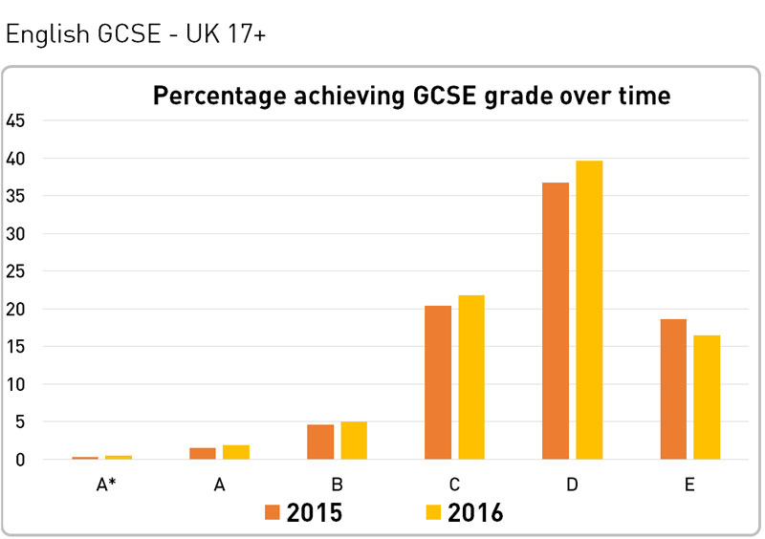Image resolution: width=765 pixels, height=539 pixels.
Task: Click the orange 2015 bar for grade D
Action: tap(556, 321)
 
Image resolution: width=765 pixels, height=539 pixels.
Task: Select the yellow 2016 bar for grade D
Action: tap(589, 311)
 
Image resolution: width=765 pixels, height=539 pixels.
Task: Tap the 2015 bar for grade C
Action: tap(438, 382)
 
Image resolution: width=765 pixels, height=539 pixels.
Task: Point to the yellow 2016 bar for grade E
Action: tap(707, 398)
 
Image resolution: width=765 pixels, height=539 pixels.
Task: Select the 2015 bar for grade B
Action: tap(320, 442)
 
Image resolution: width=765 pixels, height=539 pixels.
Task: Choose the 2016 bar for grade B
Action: tap(354, 441)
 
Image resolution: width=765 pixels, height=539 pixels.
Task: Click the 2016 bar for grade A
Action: tap(236, 452)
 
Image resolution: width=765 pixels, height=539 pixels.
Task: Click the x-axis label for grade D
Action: tap(572, 485)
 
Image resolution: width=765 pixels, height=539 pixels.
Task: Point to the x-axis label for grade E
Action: tap(689, 485)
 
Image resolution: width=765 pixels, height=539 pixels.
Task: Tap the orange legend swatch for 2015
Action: tap(273, 513)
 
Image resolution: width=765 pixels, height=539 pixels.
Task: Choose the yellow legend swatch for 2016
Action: tap(433, 513)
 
